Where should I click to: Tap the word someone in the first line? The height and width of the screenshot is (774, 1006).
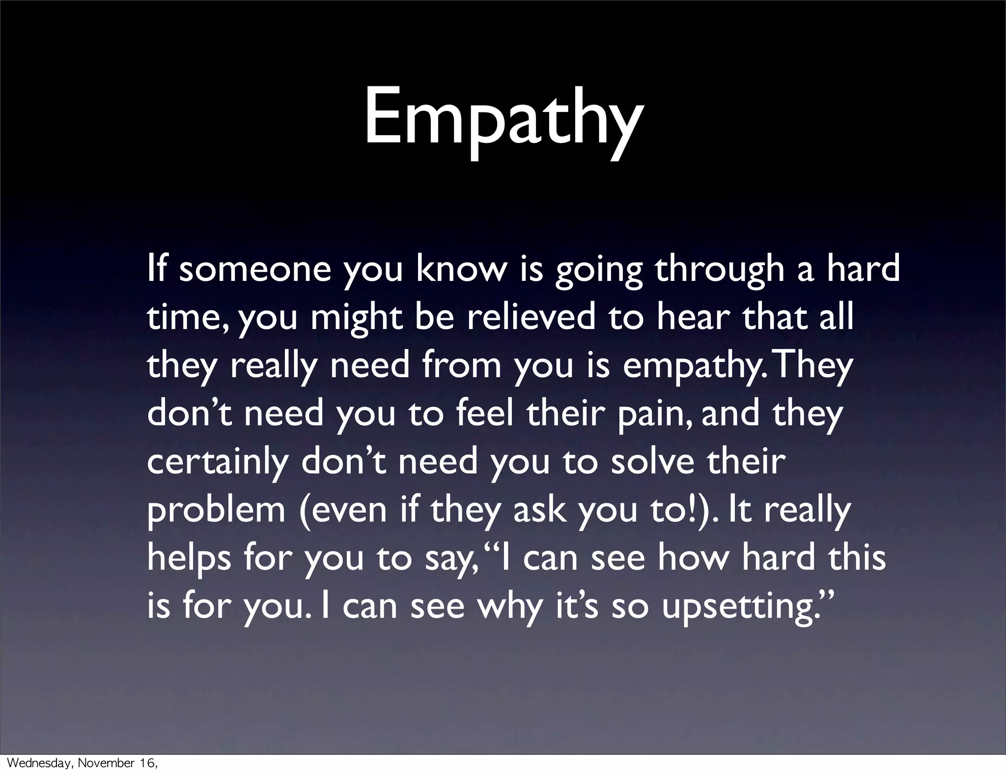(x=255, y=270)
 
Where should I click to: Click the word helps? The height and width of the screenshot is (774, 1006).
(x=189, y=558)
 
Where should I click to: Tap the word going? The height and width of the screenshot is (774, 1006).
(x=598, y=270)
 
